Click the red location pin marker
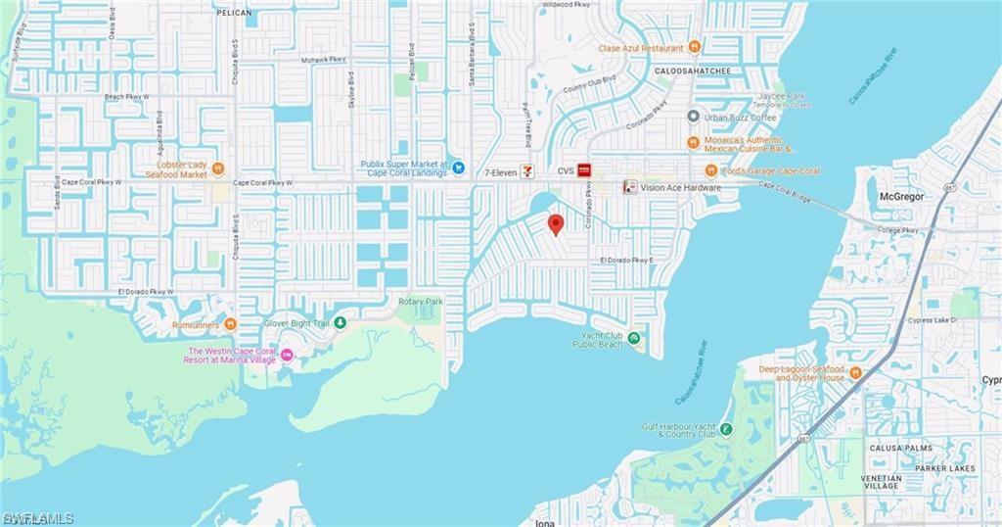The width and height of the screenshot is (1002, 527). [556, 224]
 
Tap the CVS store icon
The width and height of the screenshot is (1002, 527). [584, 170]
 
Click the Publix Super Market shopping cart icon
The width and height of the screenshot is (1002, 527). [458, 168]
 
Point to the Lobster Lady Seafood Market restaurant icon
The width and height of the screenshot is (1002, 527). [218, 168]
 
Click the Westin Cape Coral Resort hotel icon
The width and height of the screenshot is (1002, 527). [287, 355]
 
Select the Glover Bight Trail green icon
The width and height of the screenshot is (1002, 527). [341, 322]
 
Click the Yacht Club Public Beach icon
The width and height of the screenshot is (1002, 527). [634, 339]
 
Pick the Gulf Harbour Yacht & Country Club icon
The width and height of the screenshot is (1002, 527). [725, 428]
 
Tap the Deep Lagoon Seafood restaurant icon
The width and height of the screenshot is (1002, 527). [855, 372]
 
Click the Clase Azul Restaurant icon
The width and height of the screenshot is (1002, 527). [695, 46]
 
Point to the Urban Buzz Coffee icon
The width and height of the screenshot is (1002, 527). [693, 118]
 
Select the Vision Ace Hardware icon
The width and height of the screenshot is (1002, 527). [631, 186]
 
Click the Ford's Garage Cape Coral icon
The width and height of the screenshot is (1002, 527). [711, 170]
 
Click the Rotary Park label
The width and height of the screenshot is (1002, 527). [420, 302]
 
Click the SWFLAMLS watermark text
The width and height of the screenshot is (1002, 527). [38, 517]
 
